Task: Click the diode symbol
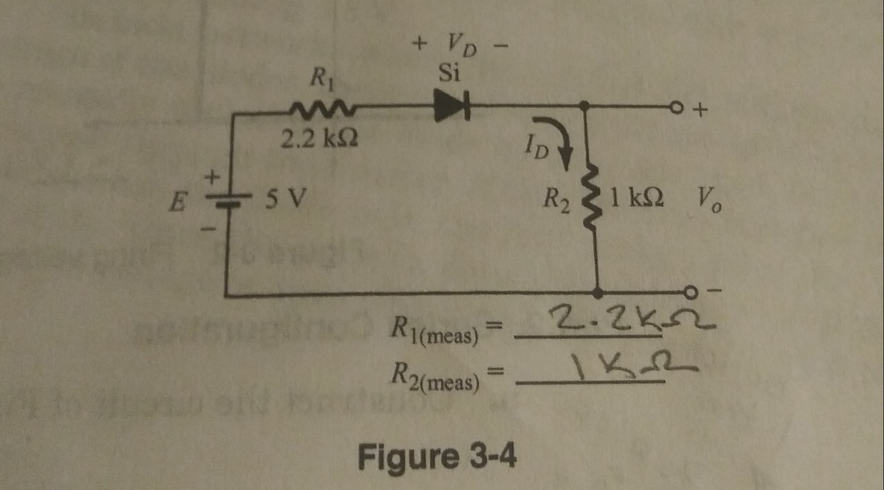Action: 452,109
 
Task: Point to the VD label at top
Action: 461,46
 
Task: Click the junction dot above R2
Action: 585,106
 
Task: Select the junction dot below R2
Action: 597,293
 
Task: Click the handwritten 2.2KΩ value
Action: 624,322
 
